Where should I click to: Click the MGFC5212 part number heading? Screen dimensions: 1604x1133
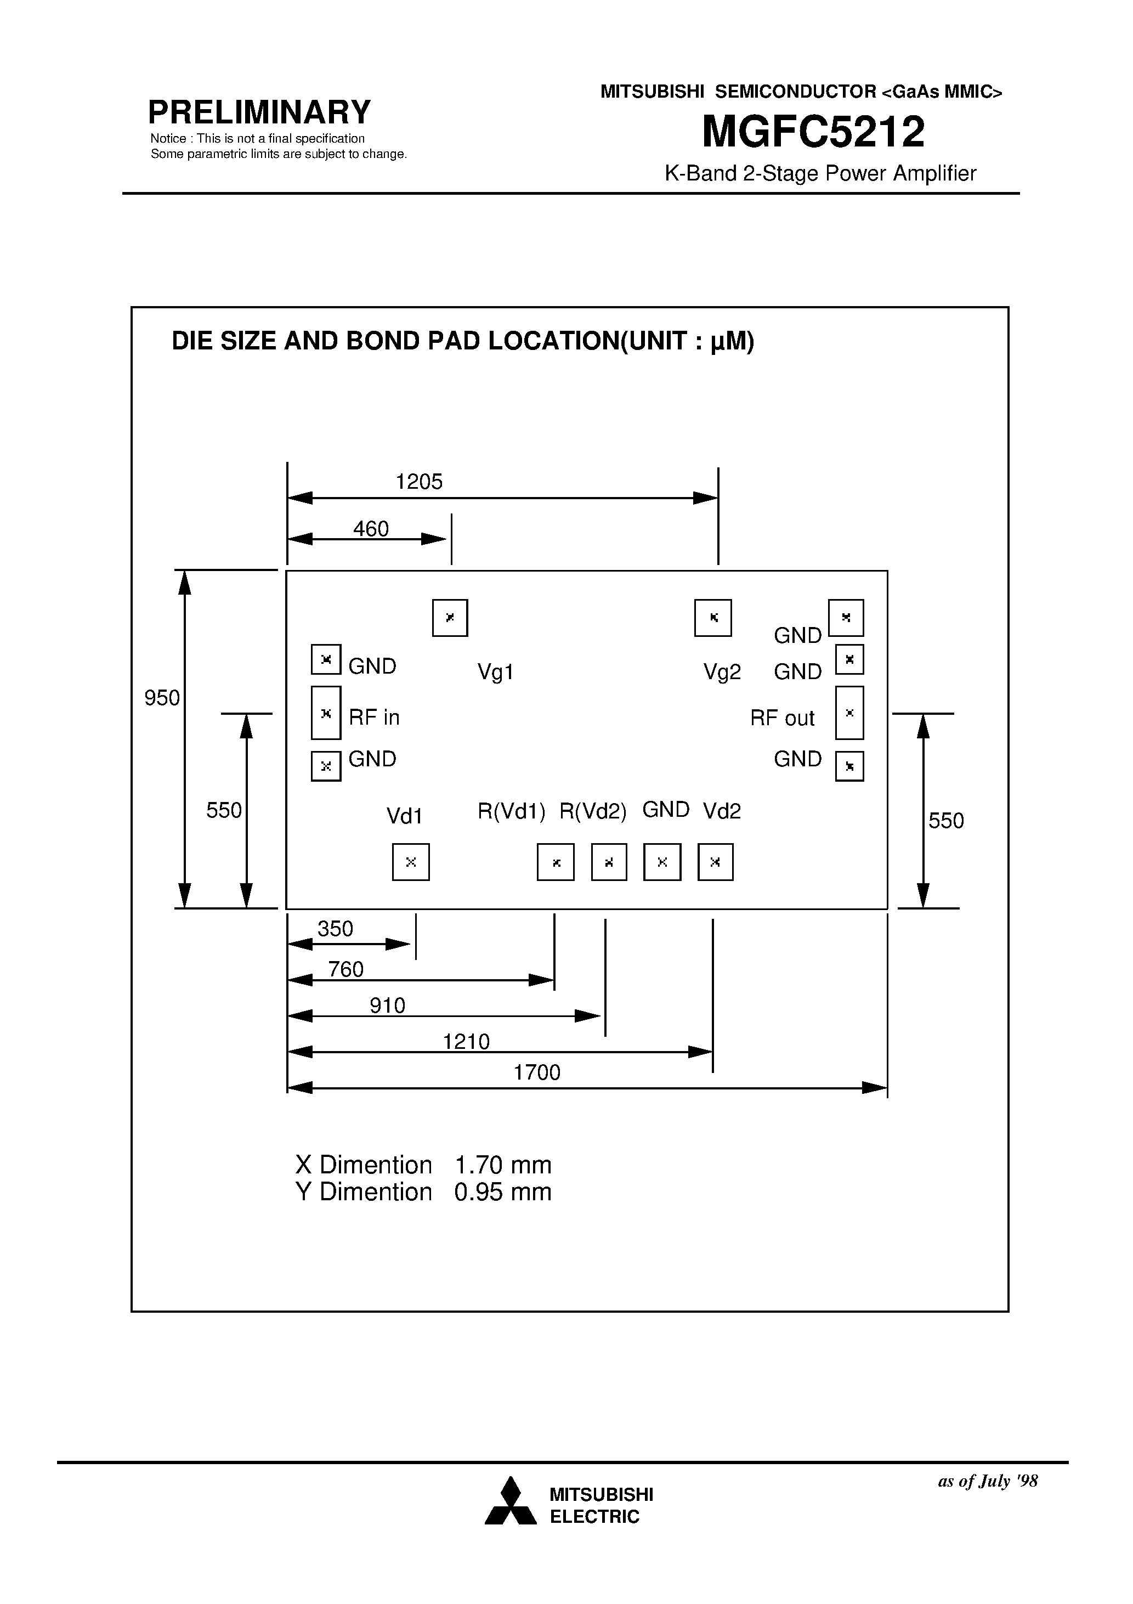[x=813, y=132]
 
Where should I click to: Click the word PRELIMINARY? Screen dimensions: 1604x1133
[x=259, y=112]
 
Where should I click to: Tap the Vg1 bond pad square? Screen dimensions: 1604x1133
[x=450, y=618]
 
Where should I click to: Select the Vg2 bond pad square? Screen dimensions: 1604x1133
[x=712, y=618]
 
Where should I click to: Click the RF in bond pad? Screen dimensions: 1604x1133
[x=326, y=713]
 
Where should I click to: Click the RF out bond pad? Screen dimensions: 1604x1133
[x=849, y=713]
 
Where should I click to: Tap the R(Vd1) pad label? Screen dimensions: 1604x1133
[x=511, y=811]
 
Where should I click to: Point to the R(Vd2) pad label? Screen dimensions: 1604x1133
[x=593, y=811]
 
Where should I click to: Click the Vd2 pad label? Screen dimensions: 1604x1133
[x=722, y=811]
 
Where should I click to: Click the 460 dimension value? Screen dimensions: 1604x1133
[x=371, y=529]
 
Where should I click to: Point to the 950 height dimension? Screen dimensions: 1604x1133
[x=162, y=697]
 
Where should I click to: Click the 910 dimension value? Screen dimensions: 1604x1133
[x=388, y=1006]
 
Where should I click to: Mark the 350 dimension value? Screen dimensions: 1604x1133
[x=335, y=929]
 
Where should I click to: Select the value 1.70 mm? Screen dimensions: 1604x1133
[x=503, y=1165]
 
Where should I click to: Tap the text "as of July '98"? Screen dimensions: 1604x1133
[x=988, y=1481]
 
